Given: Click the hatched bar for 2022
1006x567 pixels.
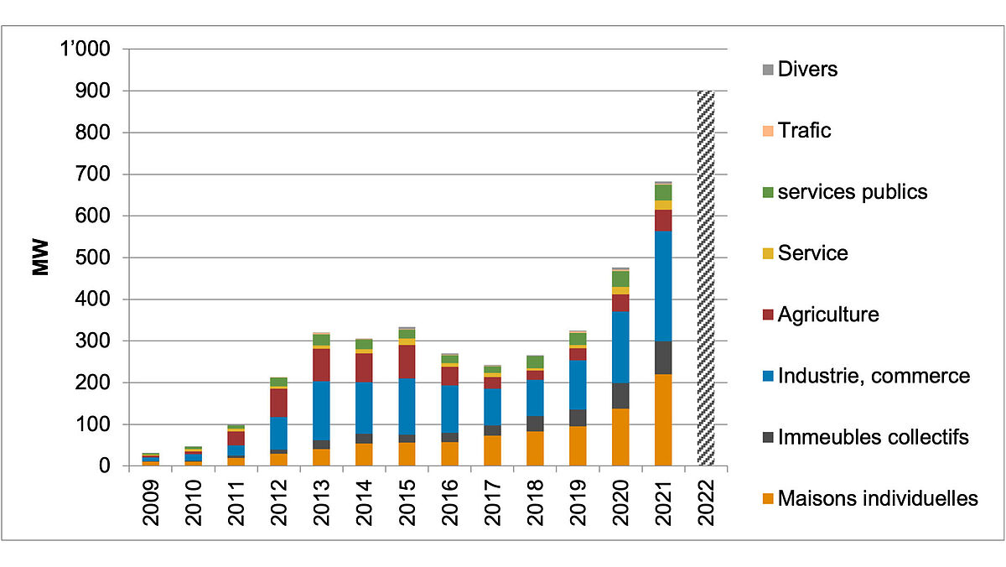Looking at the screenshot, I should (x=706, y=278).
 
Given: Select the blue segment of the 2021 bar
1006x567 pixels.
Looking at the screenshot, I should (x=663, y=285).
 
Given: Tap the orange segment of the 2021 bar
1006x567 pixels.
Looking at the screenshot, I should (x=663, y=419).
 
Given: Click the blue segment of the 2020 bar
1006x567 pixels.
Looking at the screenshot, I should (x=620, y=347).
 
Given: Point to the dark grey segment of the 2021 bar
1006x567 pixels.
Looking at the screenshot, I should (x=663, y=357).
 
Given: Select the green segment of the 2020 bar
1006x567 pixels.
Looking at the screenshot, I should (x=620, y=278).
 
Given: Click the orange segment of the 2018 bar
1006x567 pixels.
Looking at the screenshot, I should (x=535, y=448).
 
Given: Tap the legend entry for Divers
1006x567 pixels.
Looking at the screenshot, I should (x=807, y=69).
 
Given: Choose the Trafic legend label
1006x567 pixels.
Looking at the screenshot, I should (x=804, y=130).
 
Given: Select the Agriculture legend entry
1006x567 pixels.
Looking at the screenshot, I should (x=828, y=315).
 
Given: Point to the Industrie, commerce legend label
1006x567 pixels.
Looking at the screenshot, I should (x=874, y=376).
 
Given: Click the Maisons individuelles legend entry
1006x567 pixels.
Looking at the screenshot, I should (x=878, y=498).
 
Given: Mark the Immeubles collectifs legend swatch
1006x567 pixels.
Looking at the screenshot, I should (x=766, y=437).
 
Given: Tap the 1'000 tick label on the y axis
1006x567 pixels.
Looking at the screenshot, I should (x=81, y=49).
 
